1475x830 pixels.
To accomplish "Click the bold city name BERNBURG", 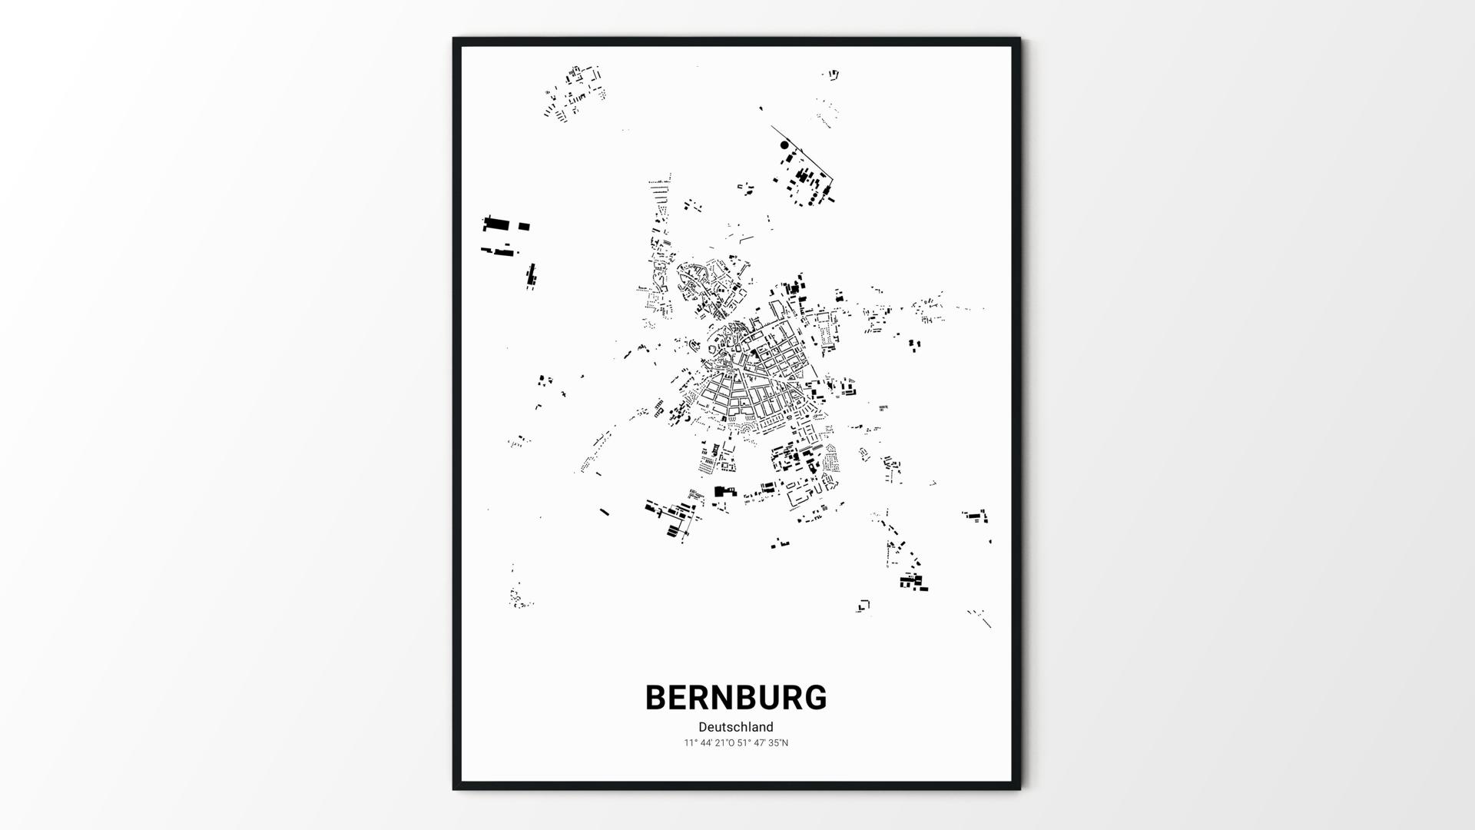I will point(735,698).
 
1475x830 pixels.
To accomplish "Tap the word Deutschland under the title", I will point(735,727).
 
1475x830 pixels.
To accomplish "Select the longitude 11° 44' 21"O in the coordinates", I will point(710,743).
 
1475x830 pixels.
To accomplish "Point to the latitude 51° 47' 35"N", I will point(763,743).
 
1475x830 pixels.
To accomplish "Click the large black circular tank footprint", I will point(784,144).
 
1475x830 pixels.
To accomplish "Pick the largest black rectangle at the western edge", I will point(496,224).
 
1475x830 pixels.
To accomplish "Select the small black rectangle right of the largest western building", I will point(524,227).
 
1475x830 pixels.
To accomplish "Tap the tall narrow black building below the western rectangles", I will point(531,275).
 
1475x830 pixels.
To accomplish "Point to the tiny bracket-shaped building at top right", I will point(834,75).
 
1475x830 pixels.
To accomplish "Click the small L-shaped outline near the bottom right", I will point(863,606).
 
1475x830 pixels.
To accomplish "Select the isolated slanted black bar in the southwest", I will point(605,511).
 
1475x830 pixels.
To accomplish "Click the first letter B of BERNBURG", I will point(657,698).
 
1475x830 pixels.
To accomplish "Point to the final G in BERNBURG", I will point(814,698).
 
